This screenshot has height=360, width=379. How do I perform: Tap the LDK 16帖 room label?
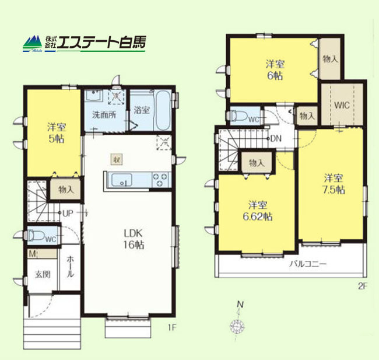tap(134, 239)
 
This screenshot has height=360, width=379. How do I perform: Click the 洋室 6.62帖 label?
tap(258, 211)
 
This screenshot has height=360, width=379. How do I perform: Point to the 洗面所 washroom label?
tap(103, 114)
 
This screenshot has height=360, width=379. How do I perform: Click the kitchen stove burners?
tap(160, 180)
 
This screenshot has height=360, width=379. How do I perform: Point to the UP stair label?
tap(68, 213)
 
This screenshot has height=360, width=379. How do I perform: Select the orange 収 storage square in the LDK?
tap(117, 159)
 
